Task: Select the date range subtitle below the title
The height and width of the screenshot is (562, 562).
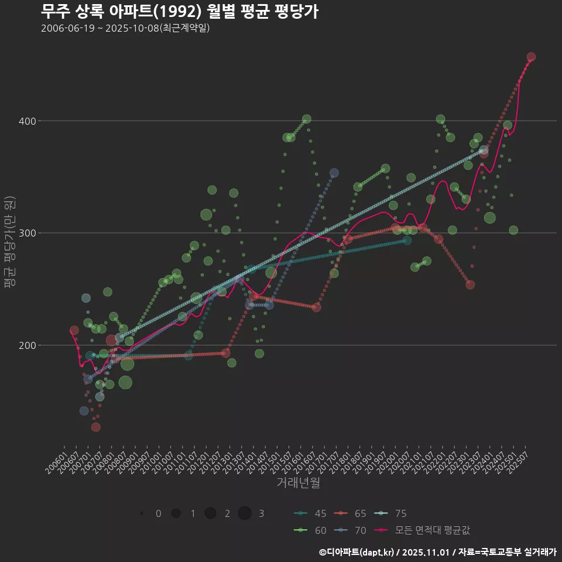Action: tap(125, 28)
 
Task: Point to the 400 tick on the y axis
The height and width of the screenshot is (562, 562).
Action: tap(28, 121)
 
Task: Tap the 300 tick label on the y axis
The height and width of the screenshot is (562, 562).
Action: tap(28, 233)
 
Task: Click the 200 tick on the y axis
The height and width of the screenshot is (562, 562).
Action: tap(28, 345)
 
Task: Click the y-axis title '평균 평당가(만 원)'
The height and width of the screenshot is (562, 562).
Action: tap(9, 241)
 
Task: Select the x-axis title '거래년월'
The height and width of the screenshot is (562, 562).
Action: tap(298, 483)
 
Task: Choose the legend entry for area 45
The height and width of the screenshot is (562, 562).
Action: tap(310, 513)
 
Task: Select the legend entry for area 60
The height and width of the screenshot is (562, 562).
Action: tap(310, 530)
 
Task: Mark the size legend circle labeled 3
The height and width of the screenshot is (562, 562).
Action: tap(245, 513)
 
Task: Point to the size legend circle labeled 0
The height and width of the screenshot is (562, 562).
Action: tap(142, 513)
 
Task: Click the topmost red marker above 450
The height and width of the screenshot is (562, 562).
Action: tap(531, 57)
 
